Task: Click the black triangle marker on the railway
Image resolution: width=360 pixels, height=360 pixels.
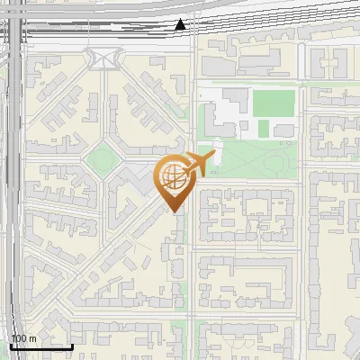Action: point(182,24)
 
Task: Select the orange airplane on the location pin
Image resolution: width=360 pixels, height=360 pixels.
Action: point(197,165)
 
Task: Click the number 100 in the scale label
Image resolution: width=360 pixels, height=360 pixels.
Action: point(19,338)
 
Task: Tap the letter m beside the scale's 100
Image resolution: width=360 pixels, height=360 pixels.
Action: point(32,338)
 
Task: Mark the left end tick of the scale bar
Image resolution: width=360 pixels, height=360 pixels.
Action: point(11,345)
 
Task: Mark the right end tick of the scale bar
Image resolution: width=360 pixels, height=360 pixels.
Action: point(73,345)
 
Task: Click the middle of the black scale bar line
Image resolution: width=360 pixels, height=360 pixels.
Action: point(41,346)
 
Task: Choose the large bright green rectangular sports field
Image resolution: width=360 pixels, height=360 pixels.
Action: point(273,103)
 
